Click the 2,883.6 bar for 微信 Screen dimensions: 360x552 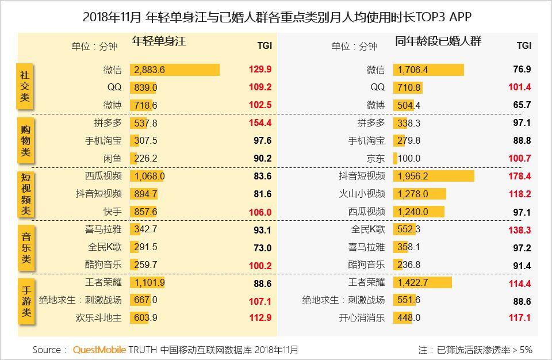point(174,70)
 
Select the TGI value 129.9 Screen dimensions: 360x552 point(260,70)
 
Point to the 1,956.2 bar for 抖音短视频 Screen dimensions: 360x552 point(434,176)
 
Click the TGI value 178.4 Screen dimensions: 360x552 point(520,176)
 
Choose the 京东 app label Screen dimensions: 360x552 point(377,158)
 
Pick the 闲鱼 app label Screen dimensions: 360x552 point(112,158)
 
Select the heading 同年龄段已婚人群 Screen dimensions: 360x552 point(438,42)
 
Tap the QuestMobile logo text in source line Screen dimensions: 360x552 point(99,350)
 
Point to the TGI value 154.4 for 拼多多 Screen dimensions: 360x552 point(260,122)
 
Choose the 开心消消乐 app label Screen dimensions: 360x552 point(361,317)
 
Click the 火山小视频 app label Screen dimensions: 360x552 point(361,194)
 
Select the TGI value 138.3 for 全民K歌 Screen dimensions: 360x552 point(520,229)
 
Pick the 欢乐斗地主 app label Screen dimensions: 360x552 point(98,317)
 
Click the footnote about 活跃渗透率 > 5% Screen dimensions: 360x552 point(475,350)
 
